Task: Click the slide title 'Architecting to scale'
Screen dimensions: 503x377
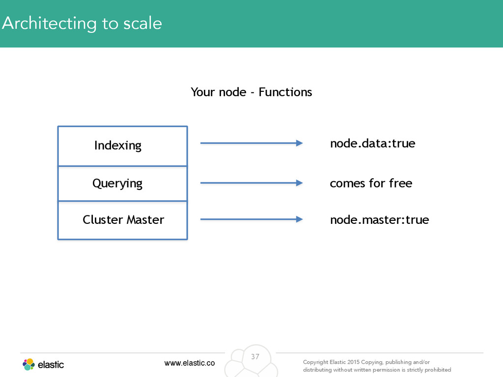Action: (x=82, y=24)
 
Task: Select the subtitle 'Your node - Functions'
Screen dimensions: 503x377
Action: (x=251, y=92)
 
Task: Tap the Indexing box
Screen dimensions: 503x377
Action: (x=122, y=146)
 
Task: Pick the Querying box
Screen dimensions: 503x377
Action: (x=122, y=184)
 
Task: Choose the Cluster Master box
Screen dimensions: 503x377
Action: (x=122, y=220)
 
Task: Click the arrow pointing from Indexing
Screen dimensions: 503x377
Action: (x=251, y=143)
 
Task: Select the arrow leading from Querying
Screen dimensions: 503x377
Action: (x=251, y=183)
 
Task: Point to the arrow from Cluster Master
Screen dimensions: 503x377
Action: (x=251, y=219)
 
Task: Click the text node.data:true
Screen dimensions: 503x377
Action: (x=372, y=143)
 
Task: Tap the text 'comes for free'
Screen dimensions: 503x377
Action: (x=371, y=183)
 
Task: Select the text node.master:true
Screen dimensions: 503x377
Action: (x=380, y=219)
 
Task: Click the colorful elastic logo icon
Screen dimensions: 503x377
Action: (x=28, y=365)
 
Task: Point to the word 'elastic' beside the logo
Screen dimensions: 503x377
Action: (x=51, y=365)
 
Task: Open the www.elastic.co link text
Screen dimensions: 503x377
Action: (x=190, y=363)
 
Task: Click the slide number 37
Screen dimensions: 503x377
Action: (x=255, y=356)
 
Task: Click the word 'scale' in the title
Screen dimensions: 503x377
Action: (x=142, y=24)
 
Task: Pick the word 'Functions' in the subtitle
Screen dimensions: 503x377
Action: (x=285, y=92)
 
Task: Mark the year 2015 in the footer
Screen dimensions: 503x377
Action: (x=353, y=362)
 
